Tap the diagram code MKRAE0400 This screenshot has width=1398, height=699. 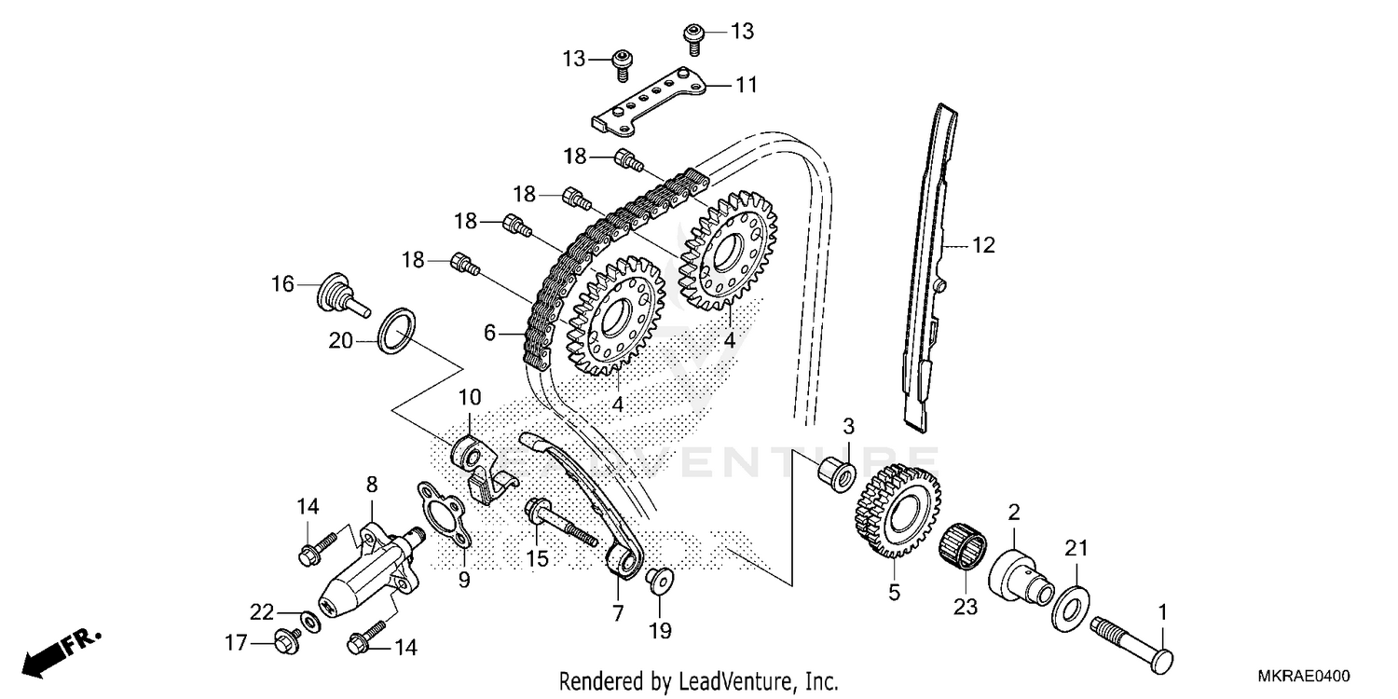(x=1306, y=678)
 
